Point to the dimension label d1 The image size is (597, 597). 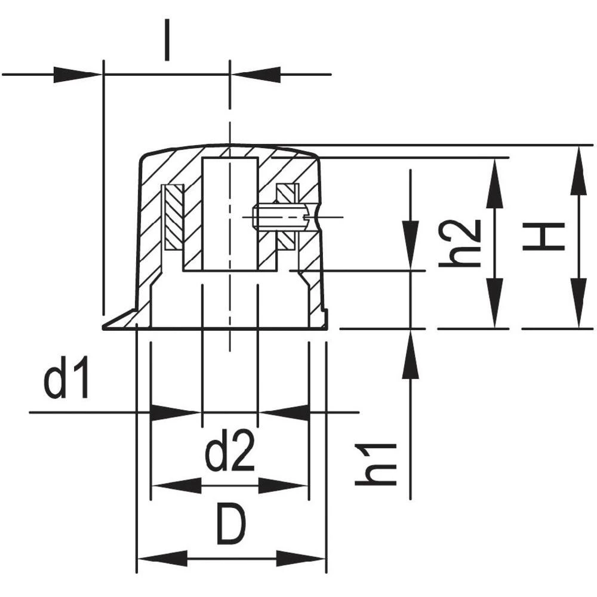66,378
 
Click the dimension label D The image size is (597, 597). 230,524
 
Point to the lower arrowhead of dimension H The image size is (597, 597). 577,304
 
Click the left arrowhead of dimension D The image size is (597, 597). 161,560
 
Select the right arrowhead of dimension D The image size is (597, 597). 301,560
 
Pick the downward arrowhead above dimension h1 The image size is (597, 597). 410,245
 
